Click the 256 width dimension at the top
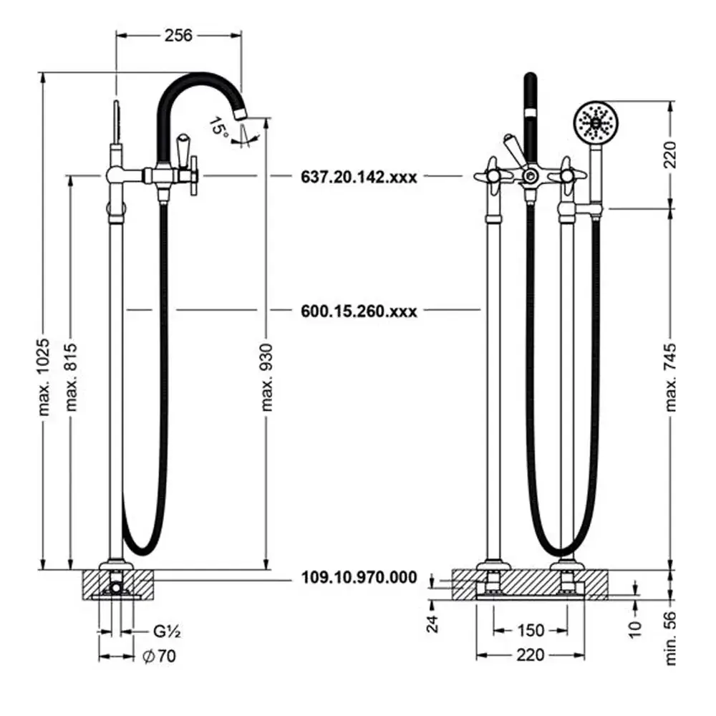pyautogui.click(x=178, y=35)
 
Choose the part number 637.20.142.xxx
pyautogui.click(x=359, y=175)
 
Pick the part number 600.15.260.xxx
pyautogui.click(x=359, y=311)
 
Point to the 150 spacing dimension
pyautogui.click(x=531, y=631)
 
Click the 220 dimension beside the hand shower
pyautogui.click(x=672, y=153)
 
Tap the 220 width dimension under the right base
pyautogui.click(x=531, y=655)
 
